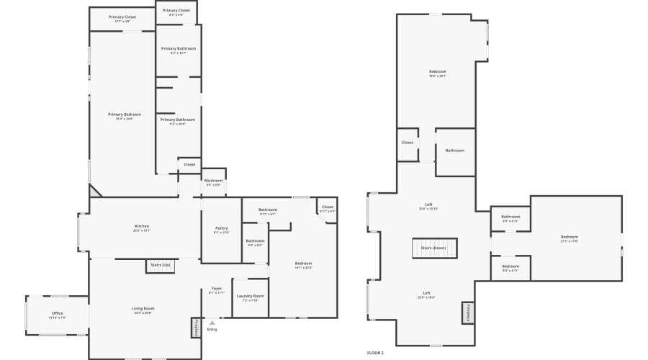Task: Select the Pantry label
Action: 221,230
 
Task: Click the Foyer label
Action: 217,290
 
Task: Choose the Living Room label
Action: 143,310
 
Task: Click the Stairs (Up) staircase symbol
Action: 161,266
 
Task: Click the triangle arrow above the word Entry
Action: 212,323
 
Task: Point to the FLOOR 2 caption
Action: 376,353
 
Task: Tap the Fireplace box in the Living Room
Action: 195,328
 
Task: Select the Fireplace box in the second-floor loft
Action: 468,312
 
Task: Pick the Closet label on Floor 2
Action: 408,143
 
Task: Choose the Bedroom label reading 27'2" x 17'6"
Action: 570,238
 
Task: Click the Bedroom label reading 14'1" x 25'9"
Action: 303,265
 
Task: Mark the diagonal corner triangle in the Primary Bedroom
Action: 94,190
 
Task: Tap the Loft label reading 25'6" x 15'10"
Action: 429,206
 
